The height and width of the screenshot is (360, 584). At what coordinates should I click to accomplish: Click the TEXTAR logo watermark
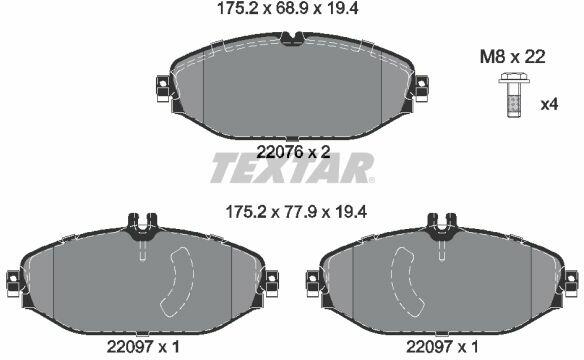[292, 168]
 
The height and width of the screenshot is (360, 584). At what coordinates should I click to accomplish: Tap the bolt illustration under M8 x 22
[512, 95]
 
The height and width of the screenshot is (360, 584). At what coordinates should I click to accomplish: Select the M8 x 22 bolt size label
[513, 57]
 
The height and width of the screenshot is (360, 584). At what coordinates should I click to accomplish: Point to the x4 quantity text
[549, 105]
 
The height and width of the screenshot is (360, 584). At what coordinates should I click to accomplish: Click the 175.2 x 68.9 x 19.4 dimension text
[288, 8]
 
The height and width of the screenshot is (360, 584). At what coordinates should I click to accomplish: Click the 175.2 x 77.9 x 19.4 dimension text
[296, 212]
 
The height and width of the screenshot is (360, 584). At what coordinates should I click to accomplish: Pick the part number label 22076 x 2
[294, 152]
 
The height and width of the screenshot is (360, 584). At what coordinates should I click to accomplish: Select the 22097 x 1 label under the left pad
[143, 347]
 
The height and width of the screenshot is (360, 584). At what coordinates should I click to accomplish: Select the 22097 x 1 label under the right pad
[442, 347]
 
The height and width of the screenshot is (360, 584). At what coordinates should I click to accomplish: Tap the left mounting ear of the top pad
[163, 88]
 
